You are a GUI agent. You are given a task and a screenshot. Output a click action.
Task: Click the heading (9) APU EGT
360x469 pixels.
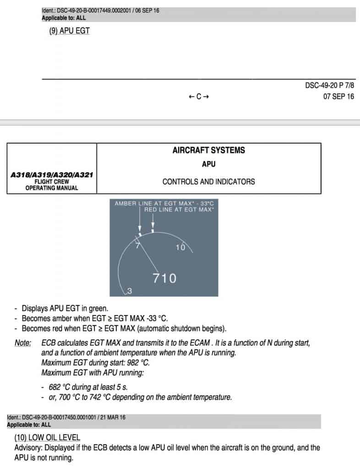tap(70, 33)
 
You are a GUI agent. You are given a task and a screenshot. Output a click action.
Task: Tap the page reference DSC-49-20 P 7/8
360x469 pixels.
tap(329, 86)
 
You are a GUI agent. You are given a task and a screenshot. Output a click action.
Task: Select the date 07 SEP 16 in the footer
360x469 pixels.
tap(338, 97)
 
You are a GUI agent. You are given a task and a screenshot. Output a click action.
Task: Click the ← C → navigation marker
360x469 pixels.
tap(199, 97)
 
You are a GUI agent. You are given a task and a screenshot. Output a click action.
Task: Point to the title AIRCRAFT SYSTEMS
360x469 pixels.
tap(208, 150)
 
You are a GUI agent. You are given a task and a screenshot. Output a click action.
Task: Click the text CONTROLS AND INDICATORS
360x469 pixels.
tap(208, 182)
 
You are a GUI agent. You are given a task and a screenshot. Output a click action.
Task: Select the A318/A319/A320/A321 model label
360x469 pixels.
tap(51, 175)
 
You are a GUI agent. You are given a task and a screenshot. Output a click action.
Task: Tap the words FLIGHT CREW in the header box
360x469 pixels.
tap(51, 181)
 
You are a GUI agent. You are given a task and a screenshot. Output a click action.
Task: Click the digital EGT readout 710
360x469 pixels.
tap(164, 278)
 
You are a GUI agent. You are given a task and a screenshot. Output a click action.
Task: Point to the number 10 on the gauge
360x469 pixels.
tap(180, 247)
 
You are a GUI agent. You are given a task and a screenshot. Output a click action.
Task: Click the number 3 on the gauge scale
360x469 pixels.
tap(130, 291)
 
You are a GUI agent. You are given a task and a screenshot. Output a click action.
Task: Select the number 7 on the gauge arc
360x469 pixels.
tap(136, 245)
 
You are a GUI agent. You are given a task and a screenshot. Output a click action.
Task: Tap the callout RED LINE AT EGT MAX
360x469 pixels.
tap(179, 209)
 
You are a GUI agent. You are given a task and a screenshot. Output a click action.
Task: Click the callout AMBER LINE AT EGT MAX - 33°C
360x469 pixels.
tap(164, 203)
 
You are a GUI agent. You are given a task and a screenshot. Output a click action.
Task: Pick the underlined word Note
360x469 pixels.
tap(22, 343)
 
